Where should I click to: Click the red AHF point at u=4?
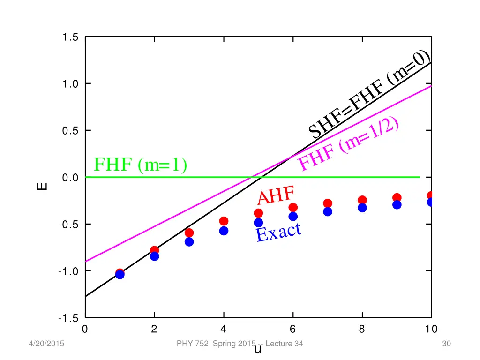click(x=224, y=221)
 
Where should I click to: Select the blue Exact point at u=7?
click(x=328, y=211)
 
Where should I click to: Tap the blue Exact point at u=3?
click(x=189, y=242)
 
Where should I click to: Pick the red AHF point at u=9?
click(x=397, y=197)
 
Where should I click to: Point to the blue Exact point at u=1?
click(x=120, y=275)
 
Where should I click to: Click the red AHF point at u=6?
click(x=293, y=207)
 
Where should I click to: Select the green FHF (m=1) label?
click(x=140, y=165)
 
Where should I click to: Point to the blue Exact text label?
click(x=278, y=232)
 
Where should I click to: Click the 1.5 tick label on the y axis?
click(x=71, y=37)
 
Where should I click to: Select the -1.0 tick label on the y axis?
click(x=69, y=271)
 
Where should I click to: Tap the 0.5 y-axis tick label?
click(x=71, y=131)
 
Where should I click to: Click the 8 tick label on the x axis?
click(x=362, y=329)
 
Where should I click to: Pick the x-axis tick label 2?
click(x=154, y=329)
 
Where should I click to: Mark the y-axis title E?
click(x=42, y=186)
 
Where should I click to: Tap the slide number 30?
click(x=446, y=344)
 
